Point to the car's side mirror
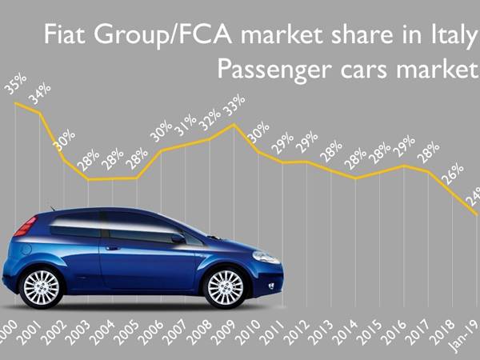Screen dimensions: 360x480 (178, 238)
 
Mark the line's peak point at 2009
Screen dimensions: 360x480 (234, 124)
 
